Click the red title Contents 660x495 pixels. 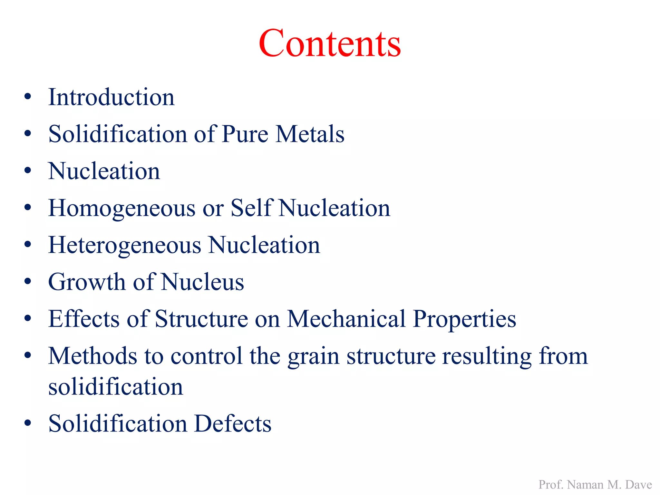point(330,43)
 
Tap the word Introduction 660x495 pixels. point(112,97)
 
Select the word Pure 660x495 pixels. point(245,134)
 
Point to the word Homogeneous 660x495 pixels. point(122,209)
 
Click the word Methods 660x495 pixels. point(92,356)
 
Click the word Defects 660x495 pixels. point(233,423)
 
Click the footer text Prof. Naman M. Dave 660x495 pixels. point(595,485)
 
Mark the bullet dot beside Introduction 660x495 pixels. point(28,97)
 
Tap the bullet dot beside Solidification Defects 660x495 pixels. point(28,423)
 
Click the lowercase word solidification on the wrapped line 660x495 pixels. point(115,387)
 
